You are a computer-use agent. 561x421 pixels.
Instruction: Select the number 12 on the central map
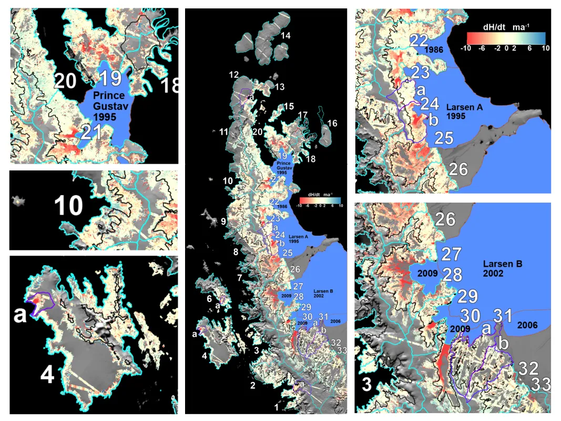point(234,75)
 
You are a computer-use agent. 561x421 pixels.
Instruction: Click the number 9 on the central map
point(223,222)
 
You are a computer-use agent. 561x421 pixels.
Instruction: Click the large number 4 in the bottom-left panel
point(47,375)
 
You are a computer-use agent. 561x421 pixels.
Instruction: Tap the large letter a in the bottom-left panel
point(21,314)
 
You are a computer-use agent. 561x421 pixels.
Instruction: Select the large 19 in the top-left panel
point(110,78)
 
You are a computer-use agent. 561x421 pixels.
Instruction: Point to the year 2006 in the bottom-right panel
point(526,326)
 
